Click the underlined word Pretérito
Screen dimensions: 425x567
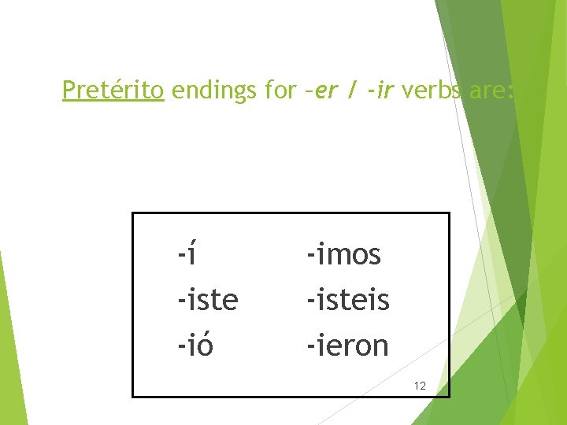(113, 91)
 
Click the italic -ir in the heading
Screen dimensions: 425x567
(380, 91)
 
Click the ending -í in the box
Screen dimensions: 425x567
(186, 254)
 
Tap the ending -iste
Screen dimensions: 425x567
(208, 300)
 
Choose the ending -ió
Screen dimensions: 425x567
(195, 345)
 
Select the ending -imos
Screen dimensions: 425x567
(343, 254)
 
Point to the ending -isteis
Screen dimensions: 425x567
(348, 300)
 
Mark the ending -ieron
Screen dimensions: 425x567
(347, 345)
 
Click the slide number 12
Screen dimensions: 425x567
(420, 386)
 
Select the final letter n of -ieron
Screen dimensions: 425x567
(380, 346)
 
